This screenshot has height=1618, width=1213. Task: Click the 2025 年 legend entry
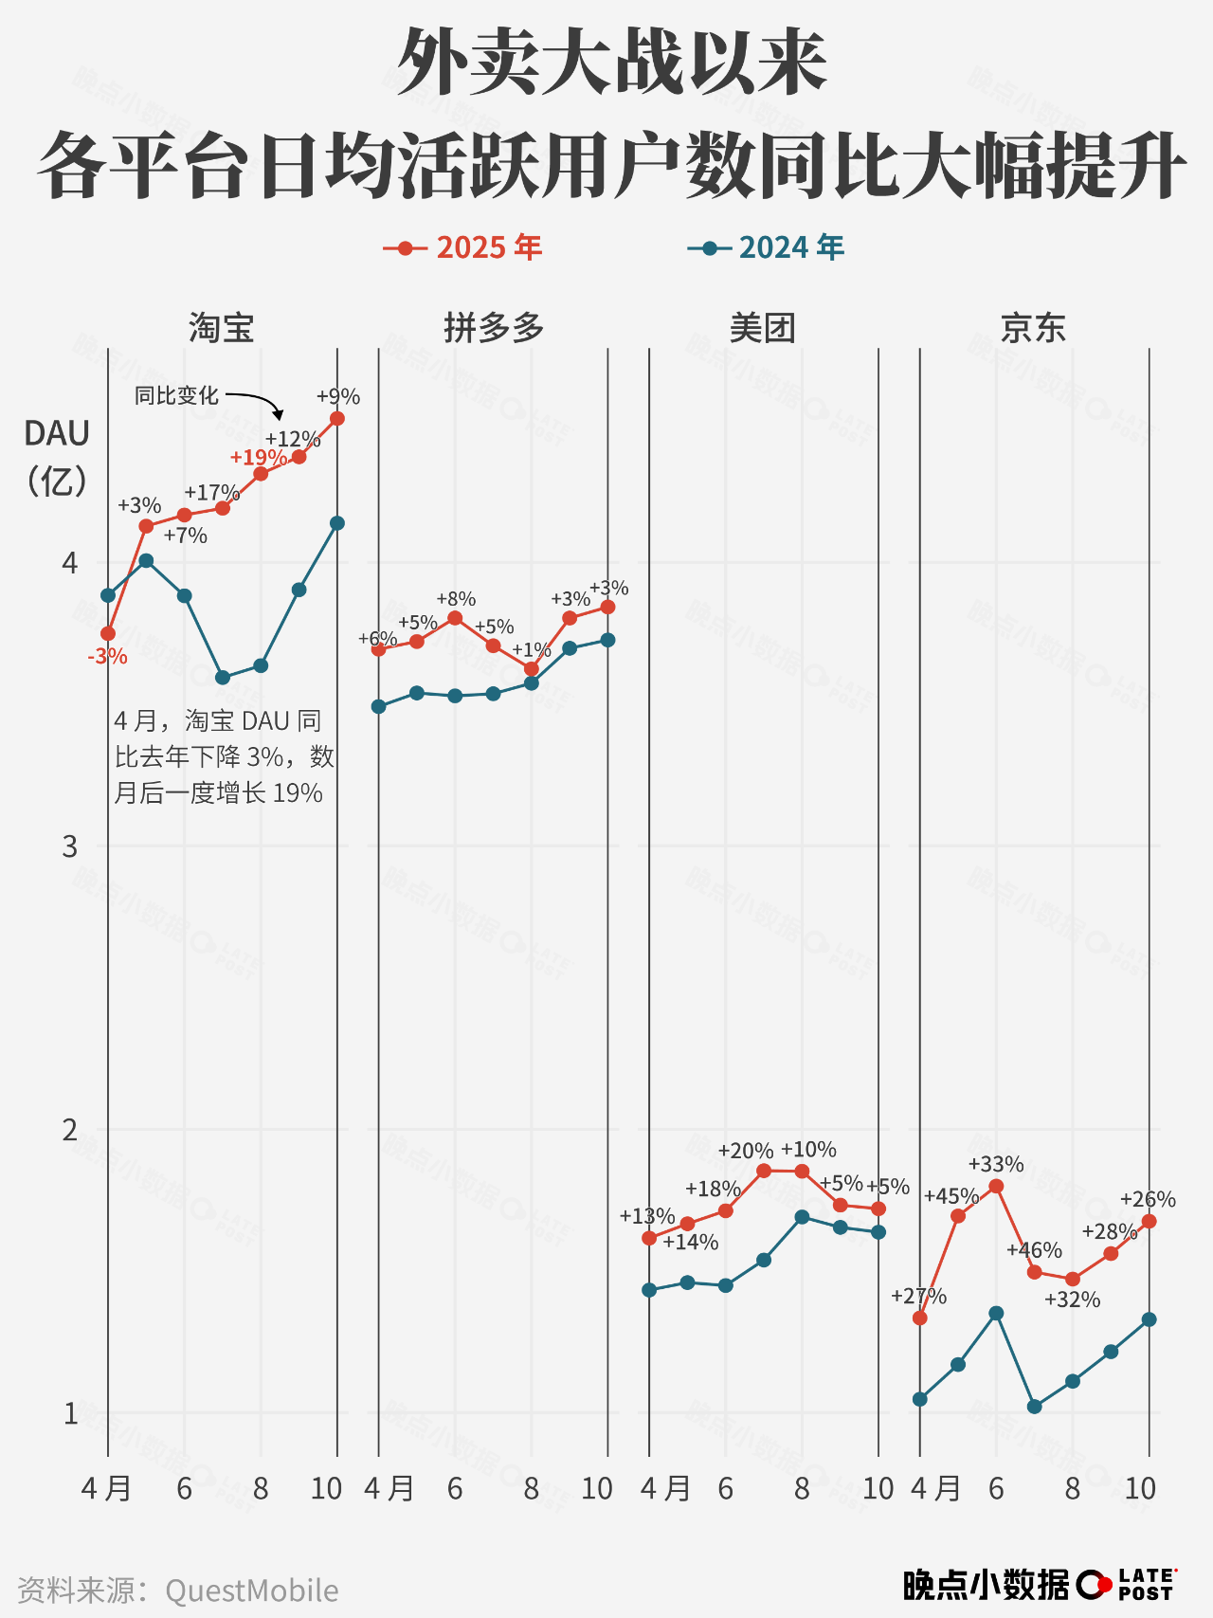(x=463, y=248)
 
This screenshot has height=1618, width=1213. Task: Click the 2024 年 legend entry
(x=766, y=248)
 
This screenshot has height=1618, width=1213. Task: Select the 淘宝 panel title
(x=221, y=328)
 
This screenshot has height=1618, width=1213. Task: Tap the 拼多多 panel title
(x=494, y=328)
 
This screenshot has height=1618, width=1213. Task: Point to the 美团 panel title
(x=763, y=328)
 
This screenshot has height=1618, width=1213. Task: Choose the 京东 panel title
(x=1033, y=328)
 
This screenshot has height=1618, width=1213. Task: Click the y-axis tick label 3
(x=70, y=845)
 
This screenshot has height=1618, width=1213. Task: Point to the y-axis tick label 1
(x=70, y=1413)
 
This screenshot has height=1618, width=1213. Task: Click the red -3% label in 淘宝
(x=108, y=657)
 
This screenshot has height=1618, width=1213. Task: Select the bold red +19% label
(x=258, y=458)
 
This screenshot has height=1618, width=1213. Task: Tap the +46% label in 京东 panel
(x=1034, y=1250)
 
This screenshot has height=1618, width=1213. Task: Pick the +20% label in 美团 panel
(x=746, y=1151)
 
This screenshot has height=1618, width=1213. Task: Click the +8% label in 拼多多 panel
(x=456, y=599)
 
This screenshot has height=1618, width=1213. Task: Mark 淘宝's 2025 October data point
(x=337, y=419)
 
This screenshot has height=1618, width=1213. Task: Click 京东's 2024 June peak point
(x=996, y=1313)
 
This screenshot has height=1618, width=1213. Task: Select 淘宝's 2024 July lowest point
(x=223, y=678)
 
